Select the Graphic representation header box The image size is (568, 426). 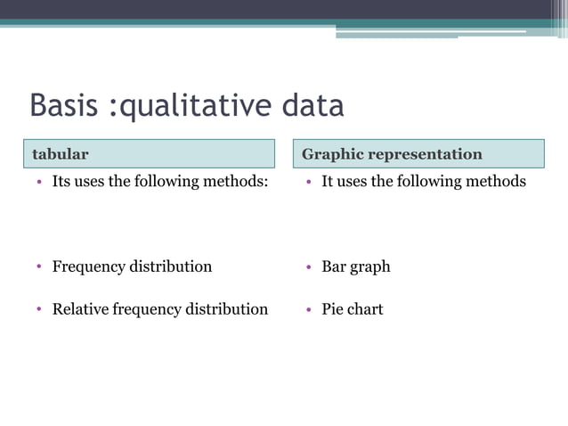(418, 153)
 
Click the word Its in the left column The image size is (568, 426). (61, 182)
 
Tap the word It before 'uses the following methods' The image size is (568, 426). (327, 182)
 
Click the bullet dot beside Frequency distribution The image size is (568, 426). (40, 267)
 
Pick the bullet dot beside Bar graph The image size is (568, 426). (309, 267)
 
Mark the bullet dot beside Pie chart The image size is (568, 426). (309, 310)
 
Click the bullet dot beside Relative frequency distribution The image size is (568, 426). (40, 310)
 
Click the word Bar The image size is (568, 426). (335, 266)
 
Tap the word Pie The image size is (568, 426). (333, 309)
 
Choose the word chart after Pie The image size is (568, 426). (366, 309)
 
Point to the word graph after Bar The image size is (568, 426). (371, 267)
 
